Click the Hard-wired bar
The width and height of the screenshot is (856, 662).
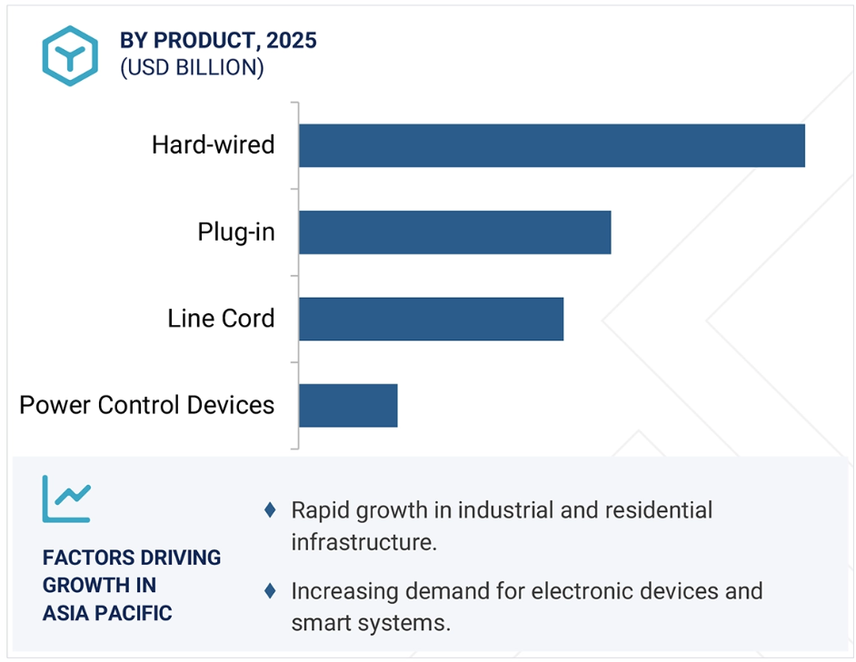552,145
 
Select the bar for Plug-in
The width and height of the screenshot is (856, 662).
454,232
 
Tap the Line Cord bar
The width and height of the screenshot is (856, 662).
432,319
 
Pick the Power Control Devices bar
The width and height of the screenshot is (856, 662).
348,406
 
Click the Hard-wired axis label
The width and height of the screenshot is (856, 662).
213,145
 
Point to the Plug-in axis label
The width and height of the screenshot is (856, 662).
236,232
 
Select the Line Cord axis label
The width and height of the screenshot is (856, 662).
221,319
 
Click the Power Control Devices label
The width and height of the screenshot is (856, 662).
147,406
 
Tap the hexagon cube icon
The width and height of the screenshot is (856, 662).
70,55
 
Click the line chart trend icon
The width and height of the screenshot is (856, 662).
66,499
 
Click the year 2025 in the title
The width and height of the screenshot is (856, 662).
292,40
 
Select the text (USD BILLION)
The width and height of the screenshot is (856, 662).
192,68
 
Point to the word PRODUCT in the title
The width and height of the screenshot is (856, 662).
203,41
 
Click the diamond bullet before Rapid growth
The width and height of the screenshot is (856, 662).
270,509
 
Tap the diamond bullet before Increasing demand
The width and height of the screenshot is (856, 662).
270,590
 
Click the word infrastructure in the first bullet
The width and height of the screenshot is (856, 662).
363,542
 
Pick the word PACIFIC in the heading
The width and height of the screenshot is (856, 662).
134,614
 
